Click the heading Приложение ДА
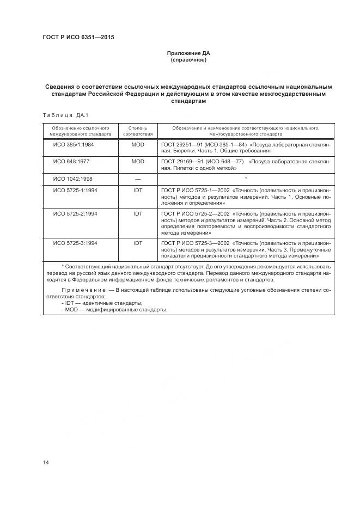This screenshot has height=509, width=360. coord(188,53)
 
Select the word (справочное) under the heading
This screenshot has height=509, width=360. coord(188,60)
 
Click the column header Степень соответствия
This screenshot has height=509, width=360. coord(138,130)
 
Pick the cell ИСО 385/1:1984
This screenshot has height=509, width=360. coord(73,146)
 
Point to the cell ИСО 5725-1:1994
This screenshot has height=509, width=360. coord(75,190)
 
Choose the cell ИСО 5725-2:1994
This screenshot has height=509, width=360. coord(75,214)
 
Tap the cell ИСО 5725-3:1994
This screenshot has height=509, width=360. coord(75,243)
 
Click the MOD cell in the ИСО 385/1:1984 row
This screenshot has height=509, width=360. coord(138,146)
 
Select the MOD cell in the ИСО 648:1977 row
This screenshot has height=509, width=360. coord(138,162)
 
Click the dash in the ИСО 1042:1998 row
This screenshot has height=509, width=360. coord(138,178)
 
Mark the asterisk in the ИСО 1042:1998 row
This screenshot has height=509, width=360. coord(246,178)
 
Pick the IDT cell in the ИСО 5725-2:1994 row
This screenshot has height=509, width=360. coord(138,214)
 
